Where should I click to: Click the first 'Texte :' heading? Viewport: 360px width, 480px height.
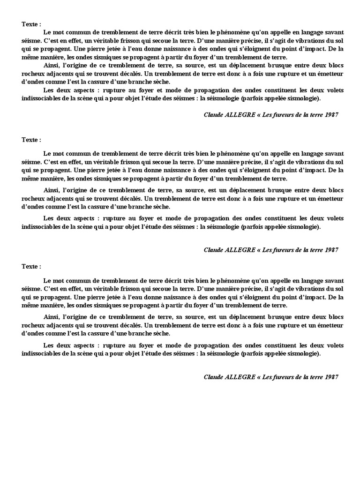31,23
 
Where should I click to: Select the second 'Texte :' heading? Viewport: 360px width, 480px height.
31,140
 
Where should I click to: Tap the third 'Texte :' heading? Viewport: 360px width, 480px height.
31,266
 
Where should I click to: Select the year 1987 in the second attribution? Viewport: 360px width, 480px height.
330,250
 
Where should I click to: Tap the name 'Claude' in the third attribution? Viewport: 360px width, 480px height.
213,376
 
